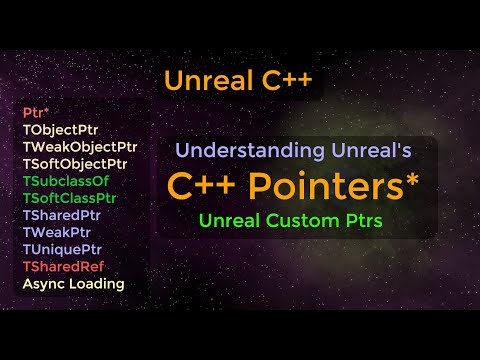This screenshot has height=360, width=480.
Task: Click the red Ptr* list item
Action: click(36, 112)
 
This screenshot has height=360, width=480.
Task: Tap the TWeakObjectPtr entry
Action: click(79, 146)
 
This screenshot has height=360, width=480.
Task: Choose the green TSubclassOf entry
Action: click(66, 181)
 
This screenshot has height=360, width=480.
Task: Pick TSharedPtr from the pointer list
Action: click(64, 215)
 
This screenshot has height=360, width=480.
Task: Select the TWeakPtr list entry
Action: click(58, 232)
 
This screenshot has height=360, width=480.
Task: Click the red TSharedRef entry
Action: click(63, 266)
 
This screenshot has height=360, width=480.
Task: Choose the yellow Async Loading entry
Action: click(73, 283)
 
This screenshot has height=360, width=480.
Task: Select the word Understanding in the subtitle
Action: click(239, 152)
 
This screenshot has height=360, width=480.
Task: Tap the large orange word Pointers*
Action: click(329, 186)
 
